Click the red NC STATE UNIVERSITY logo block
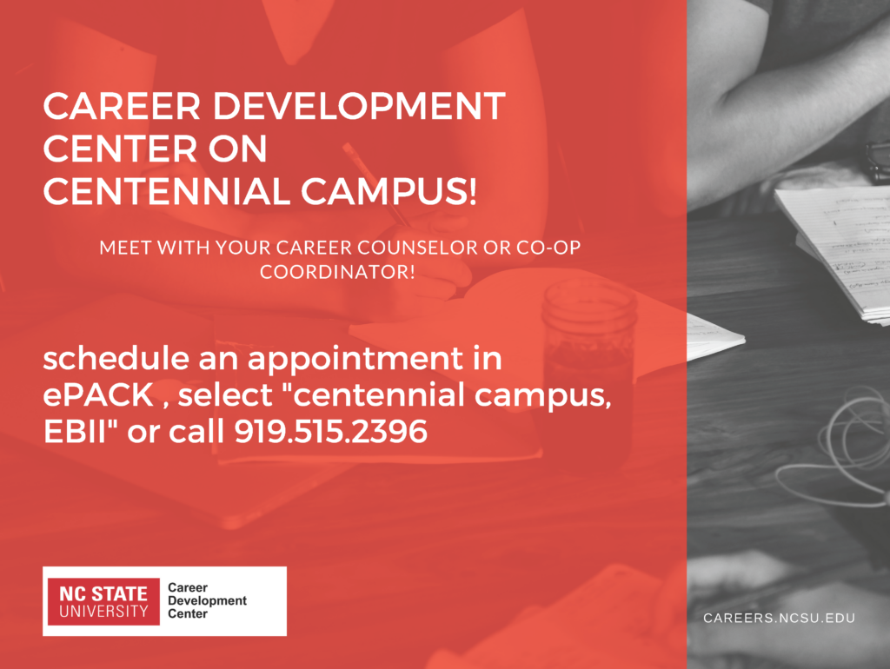pos(103,601)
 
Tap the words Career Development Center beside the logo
pos(207,601)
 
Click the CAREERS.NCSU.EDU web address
pos(780,618)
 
